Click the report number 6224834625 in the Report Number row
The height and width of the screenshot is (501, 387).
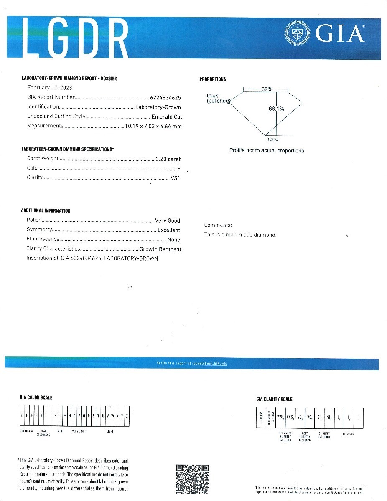click(165, 97)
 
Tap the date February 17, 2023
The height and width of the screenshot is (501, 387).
click(50, 88)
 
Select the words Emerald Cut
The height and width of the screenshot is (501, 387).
click(167, 117)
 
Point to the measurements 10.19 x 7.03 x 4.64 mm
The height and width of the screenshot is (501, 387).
click(153, 126)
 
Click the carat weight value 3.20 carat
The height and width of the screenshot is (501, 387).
click(168, 159)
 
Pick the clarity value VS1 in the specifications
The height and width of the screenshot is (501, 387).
click(176, 178)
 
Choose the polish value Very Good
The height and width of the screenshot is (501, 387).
click(168, 220)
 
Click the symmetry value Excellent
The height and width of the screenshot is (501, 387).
click(169, 230)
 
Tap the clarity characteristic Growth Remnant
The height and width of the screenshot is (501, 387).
click(160, 249)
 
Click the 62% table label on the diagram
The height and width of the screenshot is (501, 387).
click(267, 89)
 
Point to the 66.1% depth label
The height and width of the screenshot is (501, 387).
click(276, 109)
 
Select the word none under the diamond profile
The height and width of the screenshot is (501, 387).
click(272, 139)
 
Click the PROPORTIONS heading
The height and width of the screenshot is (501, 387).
click(213, 79)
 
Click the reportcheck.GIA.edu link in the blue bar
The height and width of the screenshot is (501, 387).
click(209, 364)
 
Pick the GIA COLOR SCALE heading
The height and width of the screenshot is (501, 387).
click(36, 397)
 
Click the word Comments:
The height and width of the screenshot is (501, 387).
click(218, 225)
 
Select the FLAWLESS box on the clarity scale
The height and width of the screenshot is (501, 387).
click(261, 417)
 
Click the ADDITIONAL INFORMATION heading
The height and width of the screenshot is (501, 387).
click(46, 211)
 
